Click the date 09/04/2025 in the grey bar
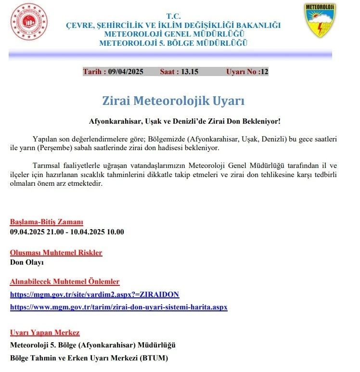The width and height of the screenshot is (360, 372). tap(126, 72)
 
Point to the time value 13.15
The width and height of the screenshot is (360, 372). tap(189, 72)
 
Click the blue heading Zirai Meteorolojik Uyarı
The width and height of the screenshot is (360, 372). tap(173, 101)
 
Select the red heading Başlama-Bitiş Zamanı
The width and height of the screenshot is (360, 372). tap(47, 222)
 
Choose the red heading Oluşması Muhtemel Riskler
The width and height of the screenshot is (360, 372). tap(56, 252)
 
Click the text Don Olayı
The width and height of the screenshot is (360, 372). tap(27, 262)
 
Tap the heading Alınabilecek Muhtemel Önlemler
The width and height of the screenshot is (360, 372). tap(65, 282)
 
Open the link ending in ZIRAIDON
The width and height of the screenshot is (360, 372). tap(95, 294)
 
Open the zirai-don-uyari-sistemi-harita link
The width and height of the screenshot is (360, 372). tap(118, 307)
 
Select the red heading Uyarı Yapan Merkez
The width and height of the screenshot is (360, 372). tap(45, 332)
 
